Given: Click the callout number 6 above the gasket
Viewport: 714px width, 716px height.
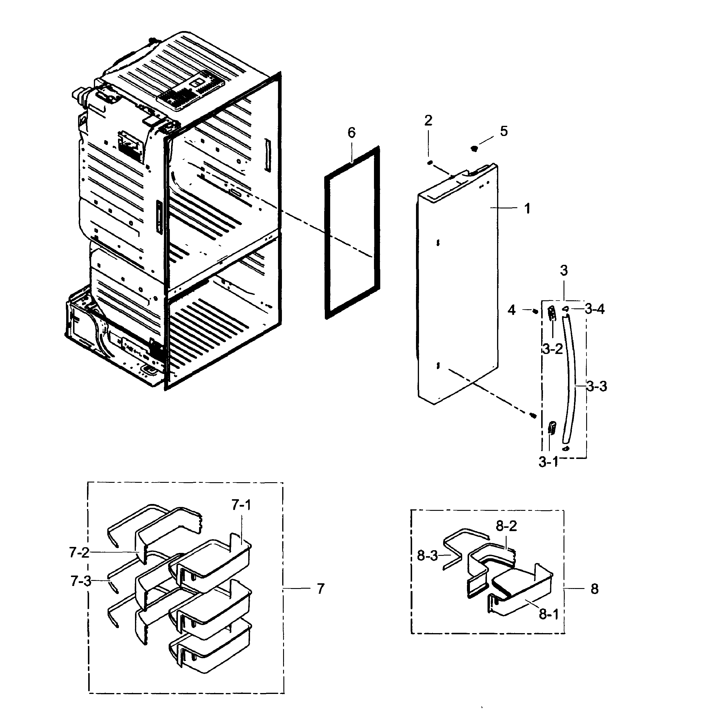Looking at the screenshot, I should [351, 133].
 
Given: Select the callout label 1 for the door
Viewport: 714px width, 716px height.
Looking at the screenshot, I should [527, 209].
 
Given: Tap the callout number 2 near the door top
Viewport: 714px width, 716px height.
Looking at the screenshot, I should [428, 120].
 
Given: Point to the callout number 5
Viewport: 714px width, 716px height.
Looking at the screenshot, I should [504, 131].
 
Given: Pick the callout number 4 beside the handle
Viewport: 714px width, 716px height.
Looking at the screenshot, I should [511, 310].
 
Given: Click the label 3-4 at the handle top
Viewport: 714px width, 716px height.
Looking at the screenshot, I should [595, 309].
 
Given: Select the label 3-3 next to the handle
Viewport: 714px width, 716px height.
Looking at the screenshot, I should [597, 386].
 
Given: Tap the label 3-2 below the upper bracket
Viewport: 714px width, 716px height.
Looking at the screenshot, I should [552, 349].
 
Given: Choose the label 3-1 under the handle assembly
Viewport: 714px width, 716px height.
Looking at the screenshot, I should [548, 462].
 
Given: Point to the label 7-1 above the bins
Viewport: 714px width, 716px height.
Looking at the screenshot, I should [241, 505].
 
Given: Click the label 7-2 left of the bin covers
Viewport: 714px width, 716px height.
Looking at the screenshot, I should [79, 553].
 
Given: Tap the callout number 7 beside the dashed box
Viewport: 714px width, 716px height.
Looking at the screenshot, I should [321, 588].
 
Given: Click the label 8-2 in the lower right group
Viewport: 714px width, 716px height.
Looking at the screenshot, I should [506, 526].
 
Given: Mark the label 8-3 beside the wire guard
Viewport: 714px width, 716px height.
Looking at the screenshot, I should [427, 556].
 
